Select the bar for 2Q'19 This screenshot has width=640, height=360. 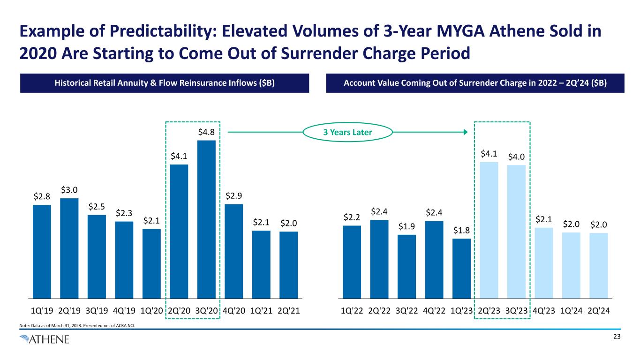tap(69, 248)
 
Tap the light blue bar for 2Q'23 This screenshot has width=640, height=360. tap(489, 230)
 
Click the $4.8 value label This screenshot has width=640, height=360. tap(206, 132)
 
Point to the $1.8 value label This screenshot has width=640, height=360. tap(461, 230)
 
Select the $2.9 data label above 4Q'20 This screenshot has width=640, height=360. tap(234, 195)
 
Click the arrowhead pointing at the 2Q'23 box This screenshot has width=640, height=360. tap(465, 133)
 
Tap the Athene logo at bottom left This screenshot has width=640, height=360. tap(45, 339)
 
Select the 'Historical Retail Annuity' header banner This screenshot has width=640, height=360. tap(165, 83)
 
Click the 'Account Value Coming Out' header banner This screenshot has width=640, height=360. tap(475, 83)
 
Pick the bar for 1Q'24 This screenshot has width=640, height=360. tap(571, 265)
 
